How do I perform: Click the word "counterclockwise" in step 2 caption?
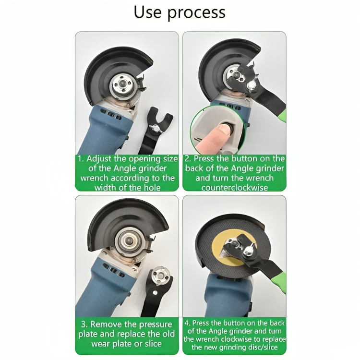234,187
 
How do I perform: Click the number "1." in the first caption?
82,159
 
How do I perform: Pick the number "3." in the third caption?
84,324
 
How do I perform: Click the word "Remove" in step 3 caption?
108,324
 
